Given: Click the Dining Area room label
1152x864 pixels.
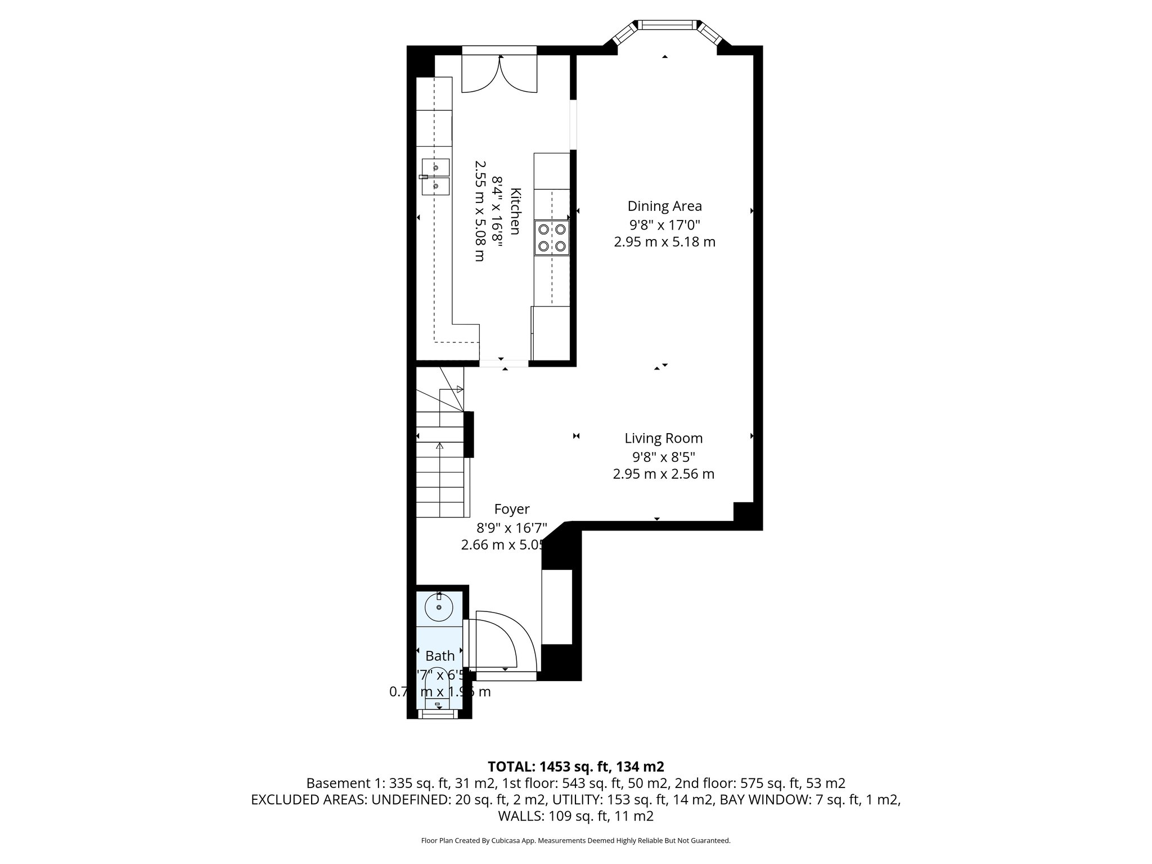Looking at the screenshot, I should tap(664, 206).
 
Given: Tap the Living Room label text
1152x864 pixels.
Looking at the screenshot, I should tap(663, 438).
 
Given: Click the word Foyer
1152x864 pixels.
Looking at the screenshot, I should tap(511, 509).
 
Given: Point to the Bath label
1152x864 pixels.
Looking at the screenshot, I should tap(440, 656).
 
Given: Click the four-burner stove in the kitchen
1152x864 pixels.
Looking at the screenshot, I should tap(552, 237).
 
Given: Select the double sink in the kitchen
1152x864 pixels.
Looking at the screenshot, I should tap(435, 177).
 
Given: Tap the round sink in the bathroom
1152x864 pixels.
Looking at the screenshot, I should tap(439, 607).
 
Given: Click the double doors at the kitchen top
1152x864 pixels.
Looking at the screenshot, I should tap(499, 74).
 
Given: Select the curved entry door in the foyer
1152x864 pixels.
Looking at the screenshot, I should tap(498, 641).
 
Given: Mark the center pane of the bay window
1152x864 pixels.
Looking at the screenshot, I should tap(666, 24).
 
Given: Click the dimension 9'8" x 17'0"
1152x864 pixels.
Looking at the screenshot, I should tap(664, 225).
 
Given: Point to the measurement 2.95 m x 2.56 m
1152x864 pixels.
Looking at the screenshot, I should tap(663, 474).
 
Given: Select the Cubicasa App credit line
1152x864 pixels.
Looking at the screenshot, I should tap(575, 841).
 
